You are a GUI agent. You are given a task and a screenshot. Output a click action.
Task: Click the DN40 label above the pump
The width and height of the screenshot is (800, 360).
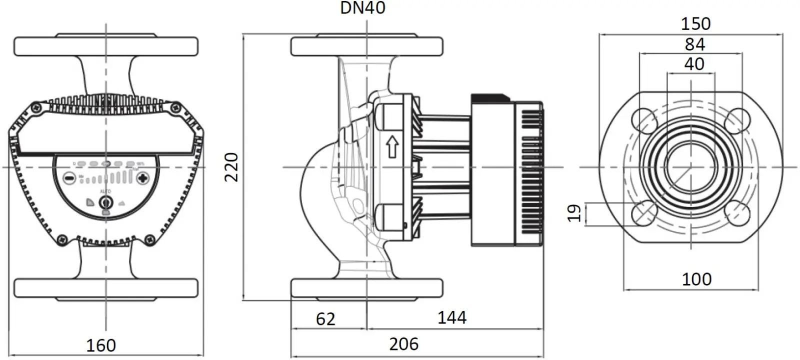tap(363, 8)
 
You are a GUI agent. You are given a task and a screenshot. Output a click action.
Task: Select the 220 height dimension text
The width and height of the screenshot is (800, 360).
tap(231, 167)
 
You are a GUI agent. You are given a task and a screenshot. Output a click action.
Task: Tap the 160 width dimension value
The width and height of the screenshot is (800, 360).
tap(101, 345)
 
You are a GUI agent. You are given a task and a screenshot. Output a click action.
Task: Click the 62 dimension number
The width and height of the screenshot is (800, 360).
tap(325, 319)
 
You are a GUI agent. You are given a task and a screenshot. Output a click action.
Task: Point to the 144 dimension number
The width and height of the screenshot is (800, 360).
tap(452, 317)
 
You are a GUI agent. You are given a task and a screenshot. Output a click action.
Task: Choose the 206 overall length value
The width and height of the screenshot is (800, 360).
tap(404, 344)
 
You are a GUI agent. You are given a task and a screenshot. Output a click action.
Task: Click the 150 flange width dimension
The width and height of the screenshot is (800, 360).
tap(695, 23)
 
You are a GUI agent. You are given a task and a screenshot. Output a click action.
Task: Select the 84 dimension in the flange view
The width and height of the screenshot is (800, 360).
tap(694, 44)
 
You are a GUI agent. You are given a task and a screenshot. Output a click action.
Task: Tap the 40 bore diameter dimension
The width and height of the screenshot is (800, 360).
tap(694, 64)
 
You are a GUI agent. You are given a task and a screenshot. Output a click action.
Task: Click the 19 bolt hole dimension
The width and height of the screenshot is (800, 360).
tap(575, 212)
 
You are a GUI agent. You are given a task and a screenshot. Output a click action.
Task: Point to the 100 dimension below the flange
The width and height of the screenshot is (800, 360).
tap(696, 279)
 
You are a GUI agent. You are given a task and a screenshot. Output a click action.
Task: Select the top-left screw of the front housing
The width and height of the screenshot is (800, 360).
tap(36, 107)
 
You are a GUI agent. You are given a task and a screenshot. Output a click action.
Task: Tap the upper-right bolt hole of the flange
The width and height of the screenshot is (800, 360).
tap(737, 120)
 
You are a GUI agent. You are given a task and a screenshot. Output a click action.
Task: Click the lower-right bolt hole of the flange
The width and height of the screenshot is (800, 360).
tap(737, 213)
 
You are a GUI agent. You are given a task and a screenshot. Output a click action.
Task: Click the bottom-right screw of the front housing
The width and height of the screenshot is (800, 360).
tap(149, 240)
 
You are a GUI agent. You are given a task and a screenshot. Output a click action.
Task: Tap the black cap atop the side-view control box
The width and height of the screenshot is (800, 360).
tap(490, 98)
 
